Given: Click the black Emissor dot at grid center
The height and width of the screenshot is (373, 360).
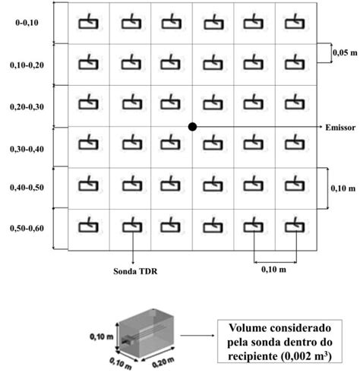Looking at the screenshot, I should coord(193,126).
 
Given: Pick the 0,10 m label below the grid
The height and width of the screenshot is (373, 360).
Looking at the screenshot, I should coord(273,268).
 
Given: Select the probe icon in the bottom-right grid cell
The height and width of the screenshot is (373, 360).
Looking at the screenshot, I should coord(293,226).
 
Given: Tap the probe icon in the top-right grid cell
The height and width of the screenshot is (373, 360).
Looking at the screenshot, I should coord(293,23).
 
